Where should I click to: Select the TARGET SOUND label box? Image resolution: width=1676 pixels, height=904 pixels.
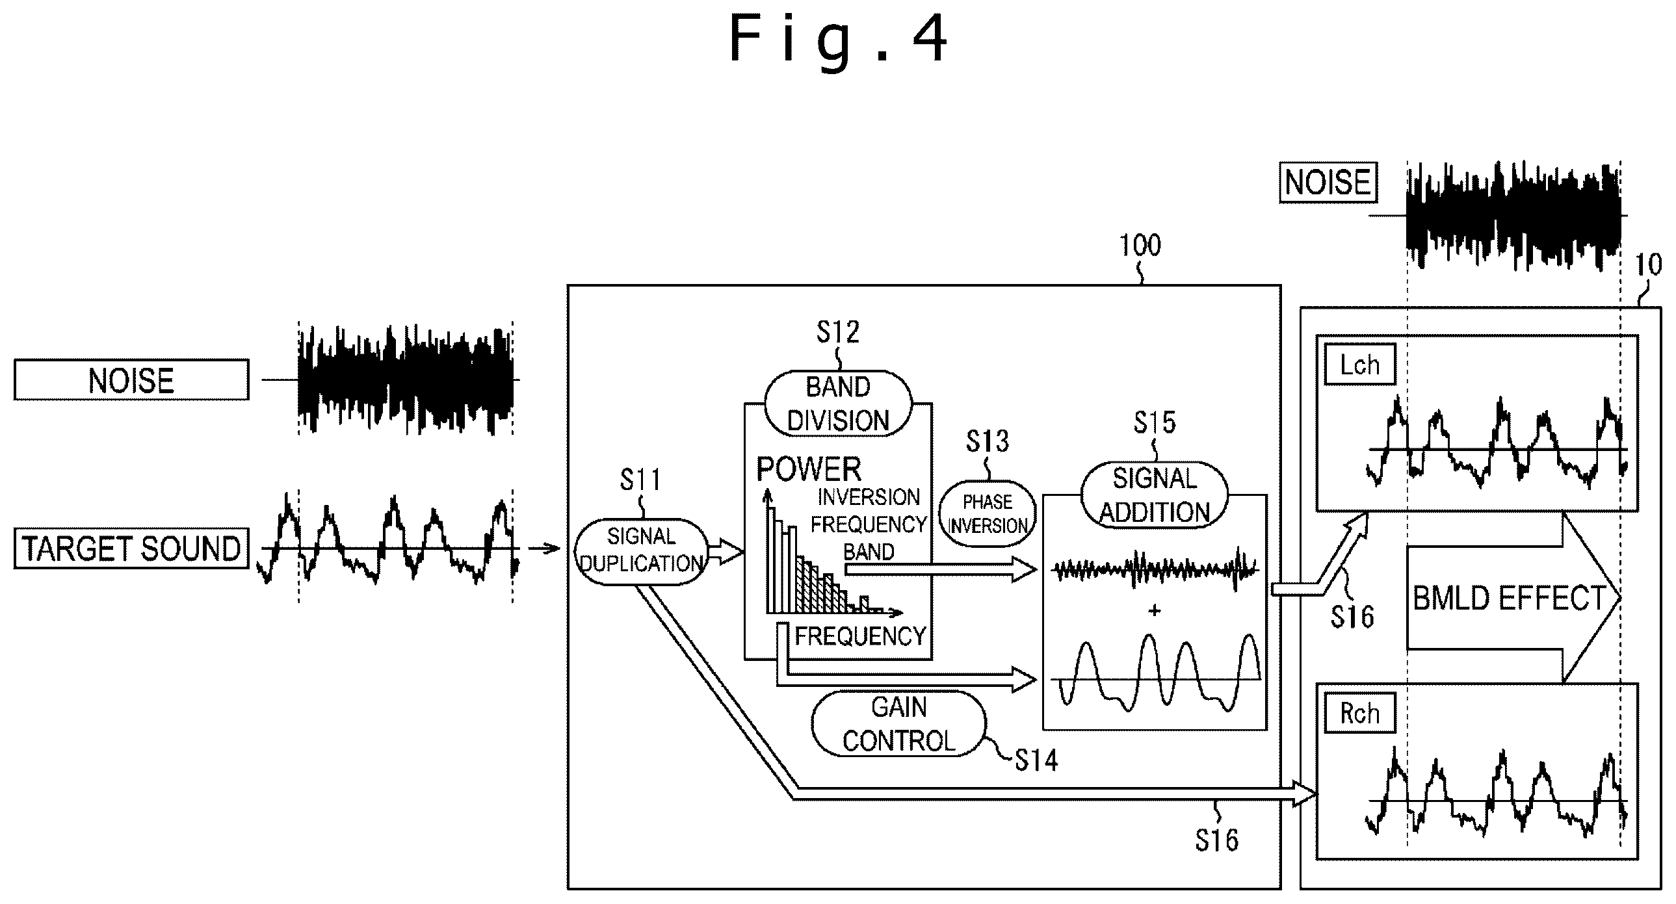131,549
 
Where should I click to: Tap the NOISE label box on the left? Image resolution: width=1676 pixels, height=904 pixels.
131,380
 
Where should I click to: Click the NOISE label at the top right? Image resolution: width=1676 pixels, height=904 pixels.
1329,182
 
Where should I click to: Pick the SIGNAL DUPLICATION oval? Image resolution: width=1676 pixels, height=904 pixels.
641,551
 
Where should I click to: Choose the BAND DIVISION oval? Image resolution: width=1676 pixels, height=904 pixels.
838,404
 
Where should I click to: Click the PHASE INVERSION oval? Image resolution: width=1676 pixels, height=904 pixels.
987,513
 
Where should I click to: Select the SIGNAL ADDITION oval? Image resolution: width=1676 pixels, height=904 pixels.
1154,495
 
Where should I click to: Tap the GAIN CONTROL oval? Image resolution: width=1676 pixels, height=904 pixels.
898,723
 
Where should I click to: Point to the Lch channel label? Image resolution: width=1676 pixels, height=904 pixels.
1360,365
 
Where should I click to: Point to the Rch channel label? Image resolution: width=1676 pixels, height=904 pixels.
1360,713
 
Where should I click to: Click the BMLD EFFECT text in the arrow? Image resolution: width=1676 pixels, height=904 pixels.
1510,599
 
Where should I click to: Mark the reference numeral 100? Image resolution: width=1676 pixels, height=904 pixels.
1140,246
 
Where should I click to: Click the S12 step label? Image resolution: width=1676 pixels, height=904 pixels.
838,332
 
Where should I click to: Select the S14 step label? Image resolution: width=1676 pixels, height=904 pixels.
1037,760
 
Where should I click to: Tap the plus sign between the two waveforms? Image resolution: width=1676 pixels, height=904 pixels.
1155,610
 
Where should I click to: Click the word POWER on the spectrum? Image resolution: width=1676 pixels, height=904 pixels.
809,469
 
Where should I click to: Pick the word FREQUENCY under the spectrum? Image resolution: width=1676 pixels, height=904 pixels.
860,636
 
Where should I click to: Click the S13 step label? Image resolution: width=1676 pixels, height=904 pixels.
987,441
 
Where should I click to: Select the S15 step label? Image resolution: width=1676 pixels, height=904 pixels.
1154,422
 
